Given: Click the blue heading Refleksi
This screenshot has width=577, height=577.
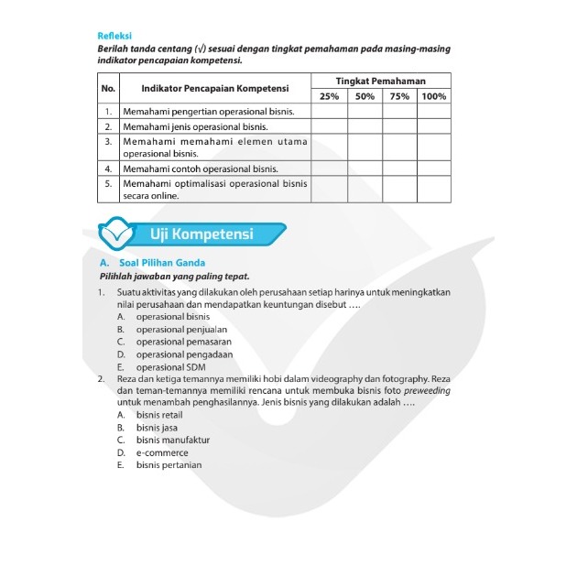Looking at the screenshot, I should (114, 36).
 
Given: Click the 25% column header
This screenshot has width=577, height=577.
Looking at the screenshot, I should (329, 96).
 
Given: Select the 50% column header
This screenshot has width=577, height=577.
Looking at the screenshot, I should (365, 96).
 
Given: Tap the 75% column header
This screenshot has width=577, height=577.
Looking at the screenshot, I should (399, 96).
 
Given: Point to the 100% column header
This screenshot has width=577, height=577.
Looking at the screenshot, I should (435, 96).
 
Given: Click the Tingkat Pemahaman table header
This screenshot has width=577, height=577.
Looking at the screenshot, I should (381, 81).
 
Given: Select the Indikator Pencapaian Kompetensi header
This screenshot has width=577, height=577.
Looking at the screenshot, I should (215, 88).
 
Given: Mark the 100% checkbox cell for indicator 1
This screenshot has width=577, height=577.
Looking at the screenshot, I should (435, 111).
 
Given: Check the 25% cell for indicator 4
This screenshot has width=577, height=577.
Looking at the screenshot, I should (329, 169).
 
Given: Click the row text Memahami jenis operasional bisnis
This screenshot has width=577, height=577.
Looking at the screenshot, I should (195, 125).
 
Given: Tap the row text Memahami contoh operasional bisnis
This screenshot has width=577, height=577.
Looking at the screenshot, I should (201, 169).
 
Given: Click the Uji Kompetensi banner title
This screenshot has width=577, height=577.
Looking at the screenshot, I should (202, 234).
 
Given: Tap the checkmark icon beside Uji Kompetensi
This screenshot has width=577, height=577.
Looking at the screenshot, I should (117, 234).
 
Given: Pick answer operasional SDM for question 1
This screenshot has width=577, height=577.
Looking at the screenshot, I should (171, 367).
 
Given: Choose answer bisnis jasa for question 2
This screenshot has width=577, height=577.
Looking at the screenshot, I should (158, 427).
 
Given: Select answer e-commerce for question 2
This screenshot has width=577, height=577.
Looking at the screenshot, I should (162, 452).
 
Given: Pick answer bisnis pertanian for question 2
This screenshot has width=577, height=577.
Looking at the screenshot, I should (169, 465).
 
